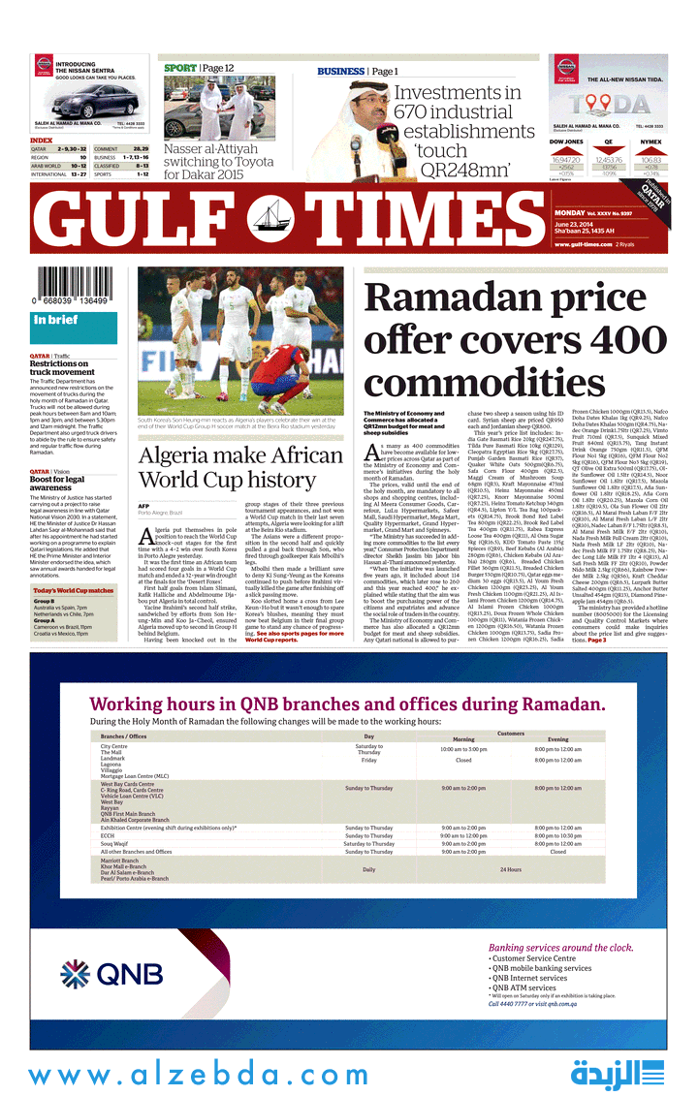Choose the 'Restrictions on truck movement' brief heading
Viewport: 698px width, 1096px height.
tap(63, 367)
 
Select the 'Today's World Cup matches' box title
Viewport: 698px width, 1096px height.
tap(74, 590)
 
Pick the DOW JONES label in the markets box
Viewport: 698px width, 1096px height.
tap(566, 141)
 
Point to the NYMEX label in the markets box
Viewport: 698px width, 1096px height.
tap(650, 141)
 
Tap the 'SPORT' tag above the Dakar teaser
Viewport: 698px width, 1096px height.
tap(179, 68)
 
